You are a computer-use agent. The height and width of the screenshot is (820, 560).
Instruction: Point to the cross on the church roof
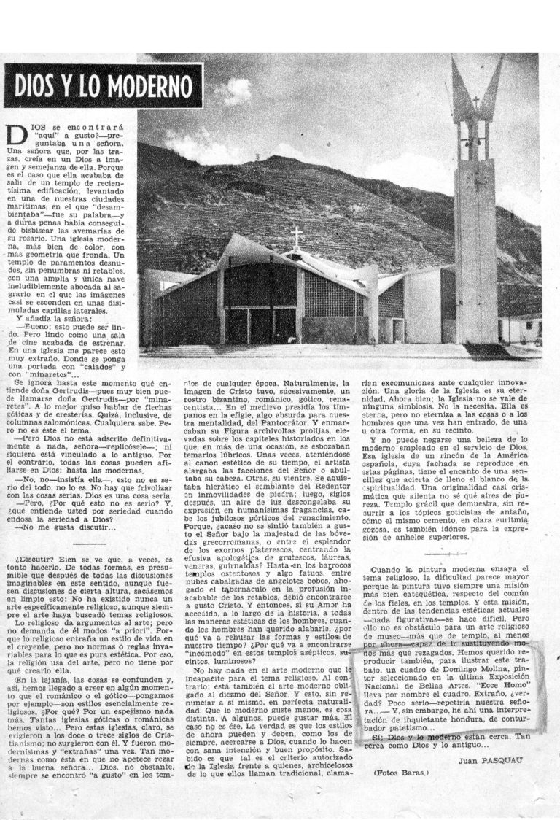[x=296, y=238]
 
